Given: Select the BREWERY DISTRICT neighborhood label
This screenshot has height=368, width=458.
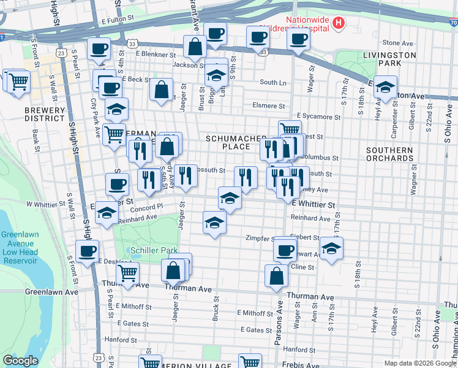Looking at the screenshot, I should [x=45, y=115].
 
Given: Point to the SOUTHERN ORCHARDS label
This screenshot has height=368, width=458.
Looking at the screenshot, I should [x=389, y=154].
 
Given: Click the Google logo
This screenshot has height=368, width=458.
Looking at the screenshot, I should [x=20, y=361].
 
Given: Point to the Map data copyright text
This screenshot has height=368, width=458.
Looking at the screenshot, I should [x=420, y=363].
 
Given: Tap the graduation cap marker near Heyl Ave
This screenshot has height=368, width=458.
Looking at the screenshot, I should [x=386, y=86].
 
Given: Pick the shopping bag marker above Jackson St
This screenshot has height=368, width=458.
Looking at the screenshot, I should [x=195, y=46].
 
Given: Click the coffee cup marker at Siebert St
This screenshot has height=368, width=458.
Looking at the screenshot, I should [x=285, y=248].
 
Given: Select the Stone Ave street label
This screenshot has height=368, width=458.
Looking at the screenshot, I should [x=397, y=43].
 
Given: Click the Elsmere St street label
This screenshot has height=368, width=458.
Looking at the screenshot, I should [x=269, y=105].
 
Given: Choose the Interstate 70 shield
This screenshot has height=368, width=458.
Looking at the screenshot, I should [x=452, y=23].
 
